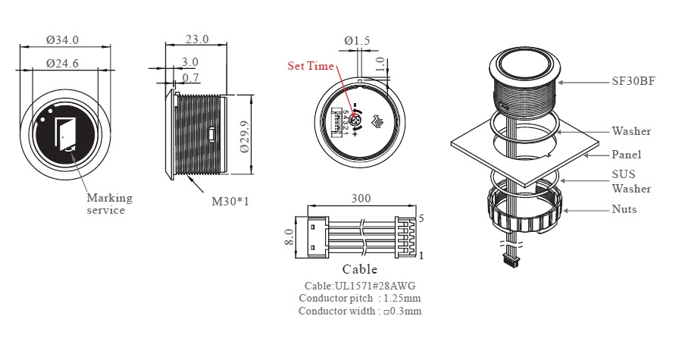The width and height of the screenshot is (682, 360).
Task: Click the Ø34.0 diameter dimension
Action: pos(63,39)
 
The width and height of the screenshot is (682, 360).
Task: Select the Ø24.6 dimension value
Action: pos(63,64)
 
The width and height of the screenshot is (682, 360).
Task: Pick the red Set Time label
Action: pos(310,66)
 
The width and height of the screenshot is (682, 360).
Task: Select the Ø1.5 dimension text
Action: pos(357,39)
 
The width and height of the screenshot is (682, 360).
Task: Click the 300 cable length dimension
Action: pos(361,199)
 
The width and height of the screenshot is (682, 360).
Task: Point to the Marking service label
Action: pos(109,204)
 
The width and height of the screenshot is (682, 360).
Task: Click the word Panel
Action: pos(626,155)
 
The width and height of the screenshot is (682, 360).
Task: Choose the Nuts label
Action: pos(624,209)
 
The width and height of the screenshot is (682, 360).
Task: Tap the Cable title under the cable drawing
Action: pos(359,269)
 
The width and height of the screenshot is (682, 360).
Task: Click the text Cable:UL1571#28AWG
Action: pos(359,286)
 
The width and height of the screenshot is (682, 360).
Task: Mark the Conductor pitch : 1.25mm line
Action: pos(359,298)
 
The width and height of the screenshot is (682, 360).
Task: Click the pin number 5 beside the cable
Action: pos(421,218)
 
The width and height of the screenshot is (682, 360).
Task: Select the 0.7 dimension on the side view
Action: pos(190,77)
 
